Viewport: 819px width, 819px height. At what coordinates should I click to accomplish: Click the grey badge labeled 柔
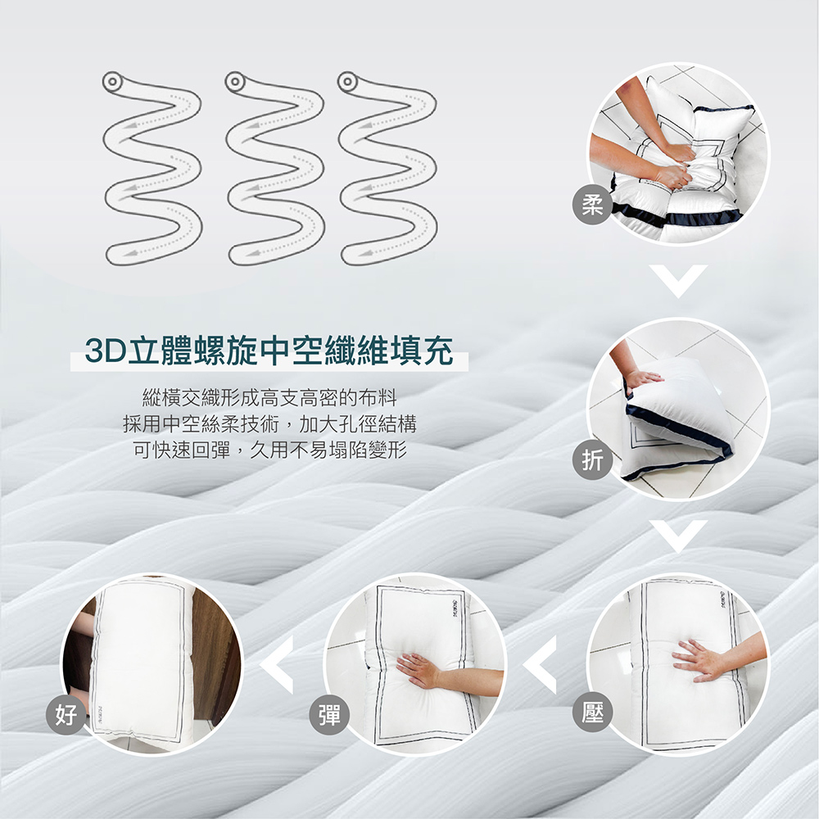coord(593,206)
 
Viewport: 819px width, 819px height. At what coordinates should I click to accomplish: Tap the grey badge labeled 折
coord(593,460)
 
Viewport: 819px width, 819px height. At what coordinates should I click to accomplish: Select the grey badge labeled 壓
coord(592,712)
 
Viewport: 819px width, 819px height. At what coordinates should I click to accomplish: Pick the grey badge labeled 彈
coord(329,713)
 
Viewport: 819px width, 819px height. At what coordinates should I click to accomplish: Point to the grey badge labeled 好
coord(66,714)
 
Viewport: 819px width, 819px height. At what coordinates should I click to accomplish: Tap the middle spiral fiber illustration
coord(275,169)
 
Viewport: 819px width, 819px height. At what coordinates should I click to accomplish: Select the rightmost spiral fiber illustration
coord(387,169)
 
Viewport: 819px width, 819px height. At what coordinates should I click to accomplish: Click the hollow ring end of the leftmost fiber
coord(112,82)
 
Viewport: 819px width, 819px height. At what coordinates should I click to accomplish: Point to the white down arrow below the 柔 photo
coord(678,282)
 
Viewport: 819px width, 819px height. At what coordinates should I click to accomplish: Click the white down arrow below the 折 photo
coord(678,536)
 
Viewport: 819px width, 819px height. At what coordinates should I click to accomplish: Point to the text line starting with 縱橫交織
coord(269,398)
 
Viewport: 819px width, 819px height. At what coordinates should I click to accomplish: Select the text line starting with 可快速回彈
coord(269,449)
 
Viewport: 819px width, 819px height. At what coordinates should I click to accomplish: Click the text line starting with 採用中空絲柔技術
coord(269,423)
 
